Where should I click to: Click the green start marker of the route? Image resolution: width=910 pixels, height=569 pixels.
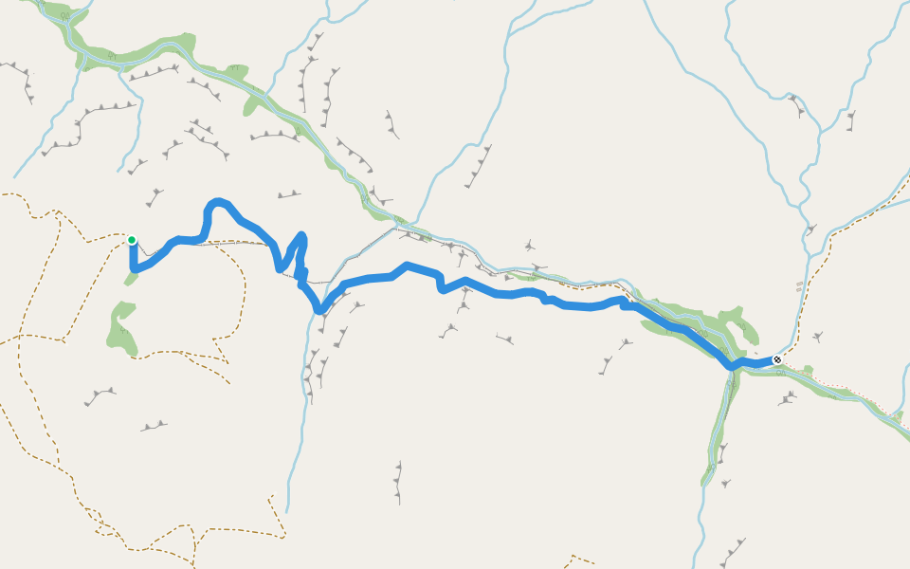tap(132, 240)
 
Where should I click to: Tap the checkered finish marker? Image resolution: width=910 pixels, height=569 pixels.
tap(777, 360)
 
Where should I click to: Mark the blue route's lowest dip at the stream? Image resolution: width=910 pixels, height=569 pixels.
tap(320, 309)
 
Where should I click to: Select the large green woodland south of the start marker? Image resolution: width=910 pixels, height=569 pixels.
tap(122, 327)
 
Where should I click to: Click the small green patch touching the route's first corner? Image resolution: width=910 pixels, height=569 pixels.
tap(129, 278)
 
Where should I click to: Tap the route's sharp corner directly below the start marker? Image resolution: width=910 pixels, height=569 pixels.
tap(132, 269)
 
